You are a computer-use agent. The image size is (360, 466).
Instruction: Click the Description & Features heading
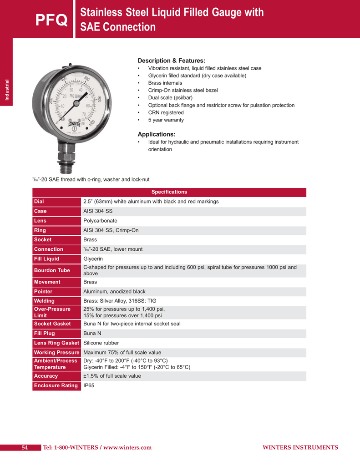point(171,61)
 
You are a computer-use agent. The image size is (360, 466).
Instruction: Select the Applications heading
point(156,134)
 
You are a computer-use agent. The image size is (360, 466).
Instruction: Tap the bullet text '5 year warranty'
point(166,120)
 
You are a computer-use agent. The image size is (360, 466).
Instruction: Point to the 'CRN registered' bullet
point(166,112)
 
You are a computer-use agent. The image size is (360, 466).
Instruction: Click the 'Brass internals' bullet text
point(165,83)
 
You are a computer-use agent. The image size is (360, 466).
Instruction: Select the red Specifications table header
point(169,192)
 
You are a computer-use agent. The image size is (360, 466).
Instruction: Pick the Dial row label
point(39,202)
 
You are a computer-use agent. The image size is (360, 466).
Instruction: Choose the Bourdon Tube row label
point(52,270)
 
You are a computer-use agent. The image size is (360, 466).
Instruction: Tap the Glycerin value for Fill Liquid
point(93,259)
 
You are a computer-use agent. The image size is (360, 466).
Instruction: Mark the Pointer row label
point(43,291)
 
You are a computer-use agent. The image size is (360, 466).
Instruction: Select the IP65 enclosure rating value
point(89,385)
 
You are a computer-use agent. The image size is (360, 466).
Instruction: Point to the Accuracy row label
point(46,376)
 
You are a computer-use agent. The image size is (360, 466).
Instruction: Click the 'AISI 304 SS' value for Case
point(97,211)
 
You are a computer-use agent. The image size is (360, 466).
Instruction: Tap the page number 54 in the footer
point(25,448)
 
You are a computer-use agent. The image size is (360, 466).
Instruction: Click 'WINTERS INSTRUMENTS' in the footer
point(300,448)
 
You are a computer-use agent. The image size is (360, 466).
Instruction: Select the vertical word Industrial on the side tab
point(7,91)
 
